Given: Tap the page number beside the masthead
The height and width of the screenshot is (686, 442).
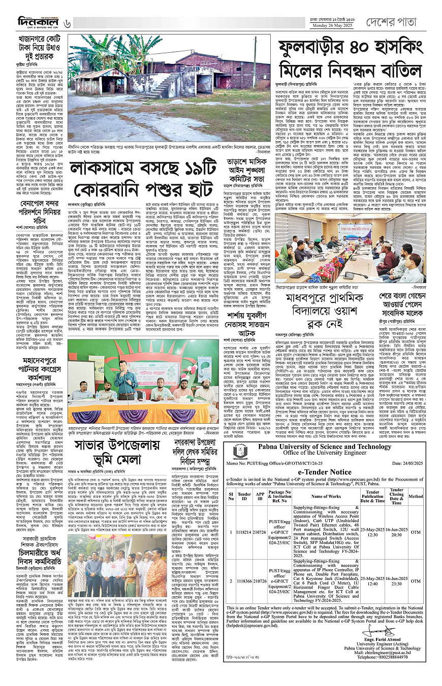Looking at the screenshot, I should pyautogui.click(x=68, y=22).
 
